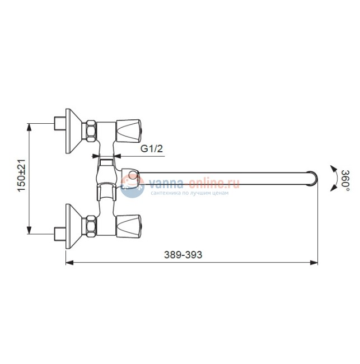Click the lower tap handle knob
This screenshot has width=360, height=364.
click(130, 224)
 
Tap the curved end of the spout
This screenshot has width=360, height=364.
click(314, 179)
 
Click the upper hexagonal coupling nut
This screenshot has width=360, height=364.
click(90, 130)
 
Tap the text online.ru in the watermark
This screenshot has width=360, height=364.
click(215, 183)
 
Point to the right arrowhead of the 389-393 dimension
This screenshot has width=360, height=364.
click(315, 262)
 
